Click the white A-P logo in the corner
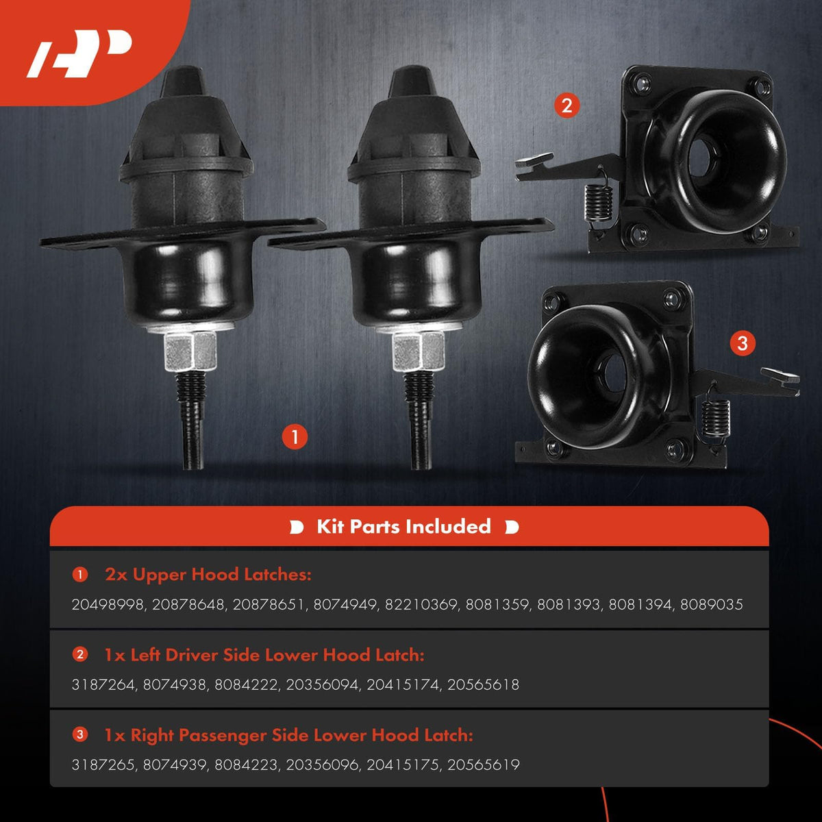pyautogui.click(x=79, y=53)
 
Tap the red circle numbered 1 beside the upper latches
pyautogui.click(x=295, y=437)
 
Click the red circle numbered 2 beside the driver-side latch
pyautogui.click(x=567, y=105)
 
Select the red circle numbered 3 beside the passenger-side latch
pyautogui.click(x=743, y=344)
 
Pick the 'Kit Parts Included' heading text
pyautogui.click(x=403, y=527)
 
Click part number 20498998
pyautogui.click(x=108, y=604)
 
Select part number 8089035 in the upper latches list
pyautogui.click(x=712, y=604)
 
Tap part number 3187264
pyautogui.click(x=103, y=684)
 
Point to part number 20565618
pyautogui.click(x=484, y=684)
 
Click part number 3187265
pyautogui.click(x=103, y=765)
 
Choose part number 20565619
pyautogui.click(x=484, y=765)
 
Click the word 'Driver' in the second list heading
pyautogui.click(x=192, y=656)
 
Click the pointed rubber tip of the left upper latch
pyautogui.click(x=184, y=80)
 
